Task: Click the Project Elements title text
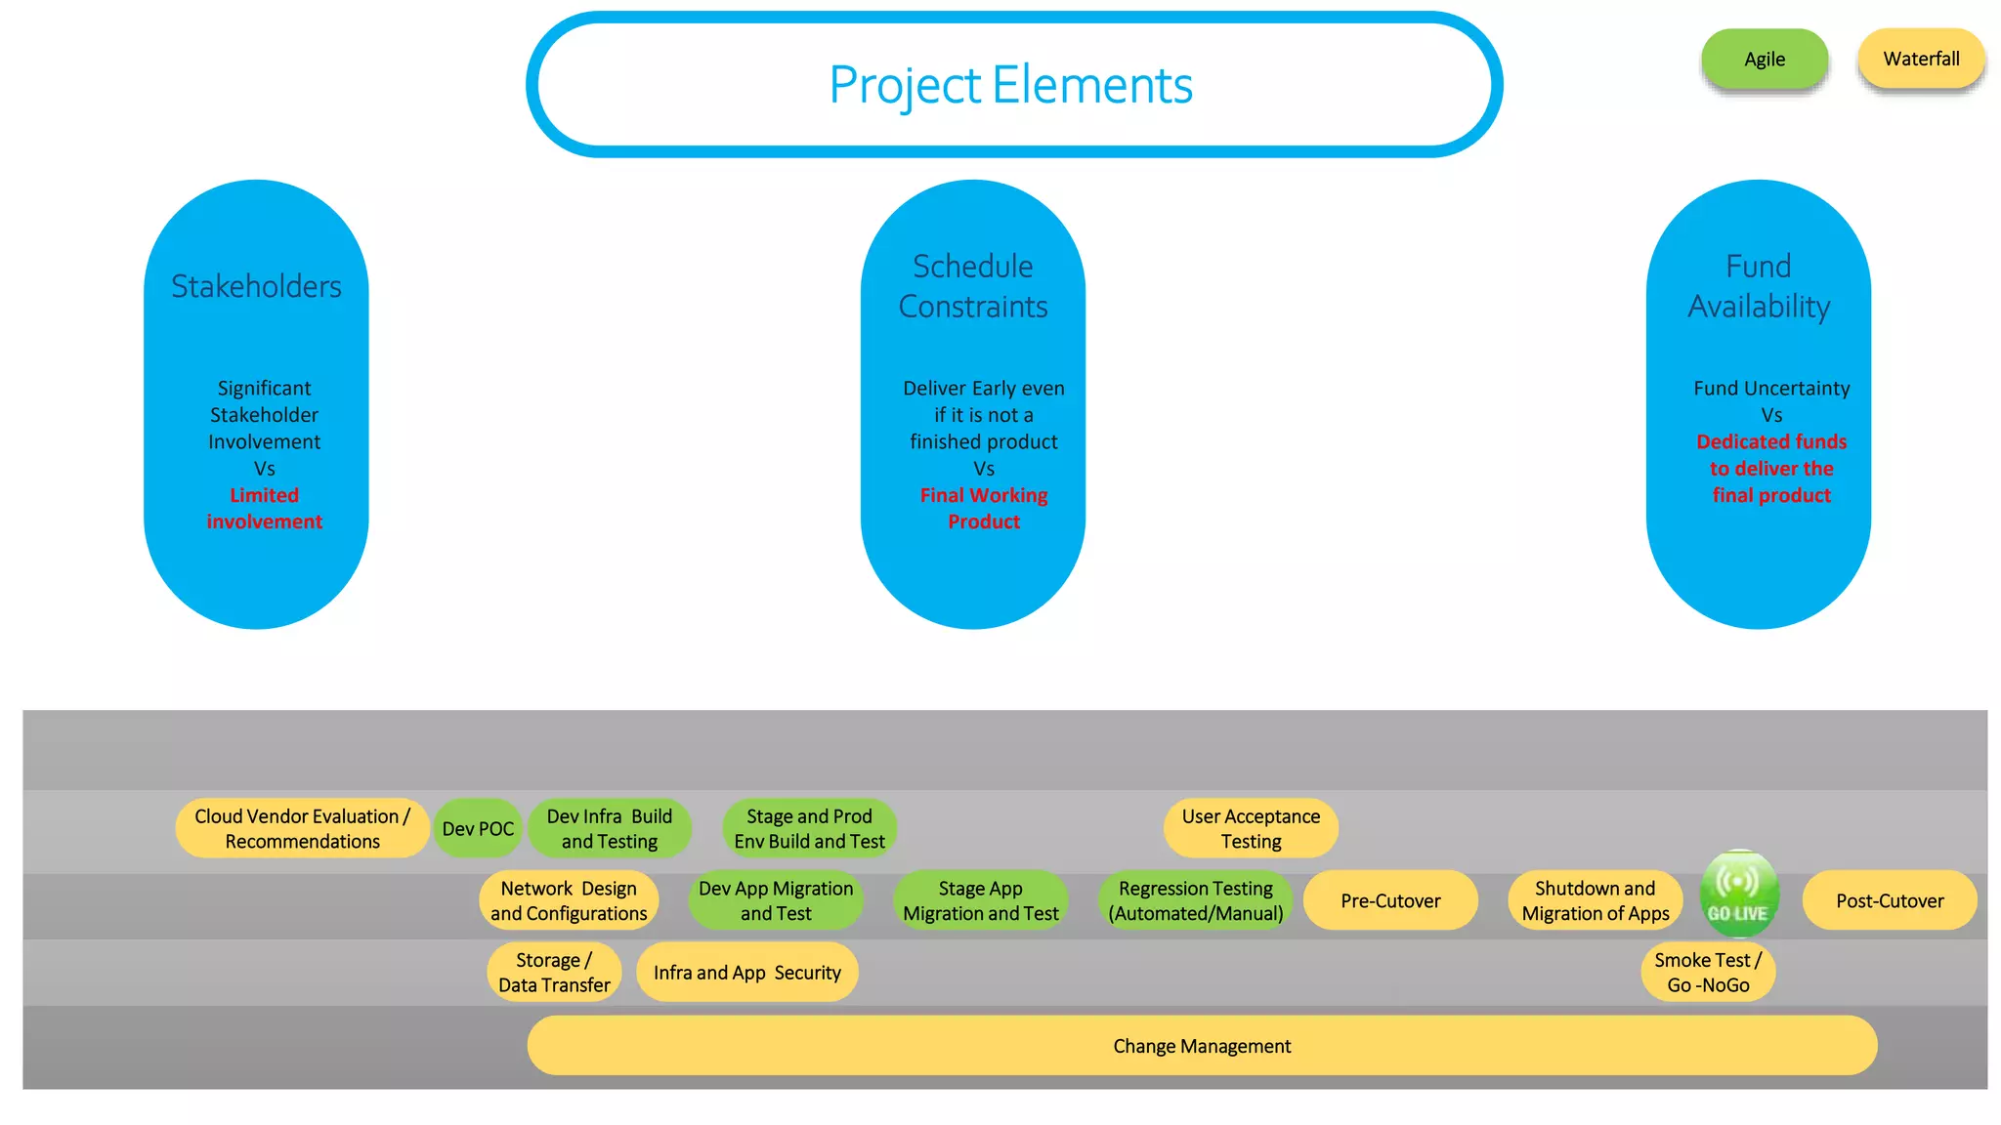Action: pyautogui.click(x=1010, y=85)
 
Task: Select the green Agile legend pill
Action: pyautogui.click(x=1765, y=60)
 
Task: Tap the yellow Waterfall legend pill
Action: pyautogui.click(x=1921, y=60)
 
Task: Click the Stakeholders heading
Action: pyautogui.click(x=256, y=286)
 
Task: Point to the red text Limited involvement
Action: pyautogui.click(x=264, y=509)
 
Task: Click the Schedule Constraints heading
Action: pyautogui.click(x=973, y=286)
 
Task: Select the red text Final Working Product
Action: pyautogui.click(x=984, y=509)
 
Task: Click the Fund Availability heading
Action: pyautogui.click(x=1759, y=286)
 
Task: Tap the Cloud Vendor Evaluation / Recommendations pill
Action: pyautogui.click(x=302, y=828)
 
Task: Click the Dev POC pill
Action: pyautogui.click(x=478, y=829)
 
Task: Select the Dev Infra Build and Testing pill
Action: pyautogui.click(x=610, y=828)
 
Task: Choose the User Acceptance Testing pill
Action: pyautogui.click(x=1251, y=828)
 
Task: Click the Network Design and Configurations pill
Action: pyautogui.click(x=569, y=900)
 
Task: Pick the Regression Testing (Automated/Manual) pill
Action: pyautogui.click(x=1196, y=900)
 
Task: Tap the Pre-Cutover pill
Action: pyautogui.click(x=1390, y=900)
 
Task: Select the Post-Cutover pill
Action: pyautogui.click(x=1890, y=900)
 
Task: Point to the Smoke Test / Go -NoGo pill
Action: pyautogui.click(x=1708, y=973)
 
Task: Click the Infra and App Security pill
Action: pyautogui.click(x=747, y=973)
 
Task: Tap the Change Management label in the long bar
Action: pyautogui.click(x=1202, y=1046)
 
